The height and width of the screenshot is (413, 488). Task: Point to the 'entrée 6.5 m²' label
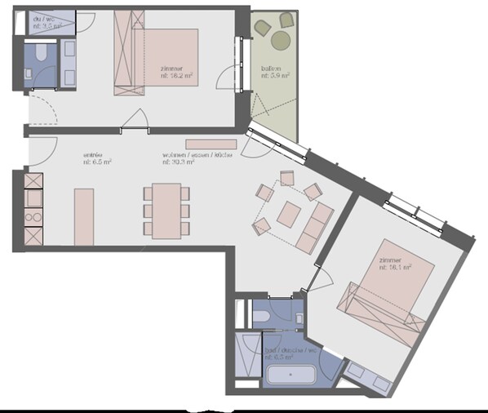point(96,158)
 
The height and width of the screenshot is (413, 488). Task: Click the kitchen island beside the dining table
point(84,216)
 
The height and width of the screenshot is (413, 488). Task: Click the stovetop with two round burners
point(34,216)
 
